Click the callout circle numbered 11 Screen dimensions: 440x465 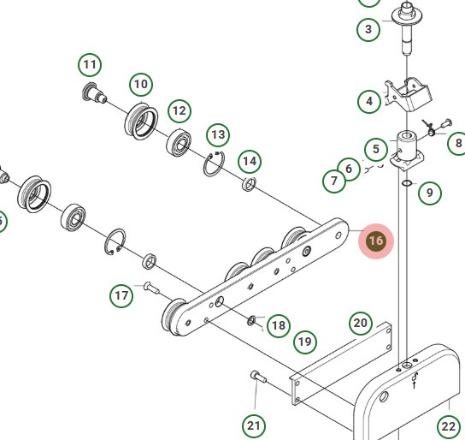(x=90, y=64)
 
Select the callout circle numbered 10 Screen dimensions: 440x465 (x=141, y=84)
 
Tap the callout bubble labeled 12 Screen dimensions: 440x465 (x=179, y=110)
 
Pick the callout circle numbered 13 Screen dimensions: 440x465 (x=218, y=134)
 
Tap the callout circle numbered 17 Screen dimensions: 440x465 (x=122, y=296)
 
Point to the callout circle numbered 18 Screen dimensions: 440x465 (x=278, y=325)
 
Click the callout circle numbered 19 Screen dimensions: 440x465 (x=305, y=342)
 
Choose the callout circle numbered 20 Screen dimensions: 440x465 (x=361, y=323)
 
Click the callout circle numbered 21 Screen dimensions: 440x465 (x=254, y=425)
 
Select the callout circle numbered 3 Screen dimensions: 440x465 (x=368, y=30)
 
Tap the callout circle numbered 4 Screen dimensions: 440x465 (x=369, y=101)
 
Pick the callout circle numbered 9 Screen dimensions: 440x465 (x=430, y=193)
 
